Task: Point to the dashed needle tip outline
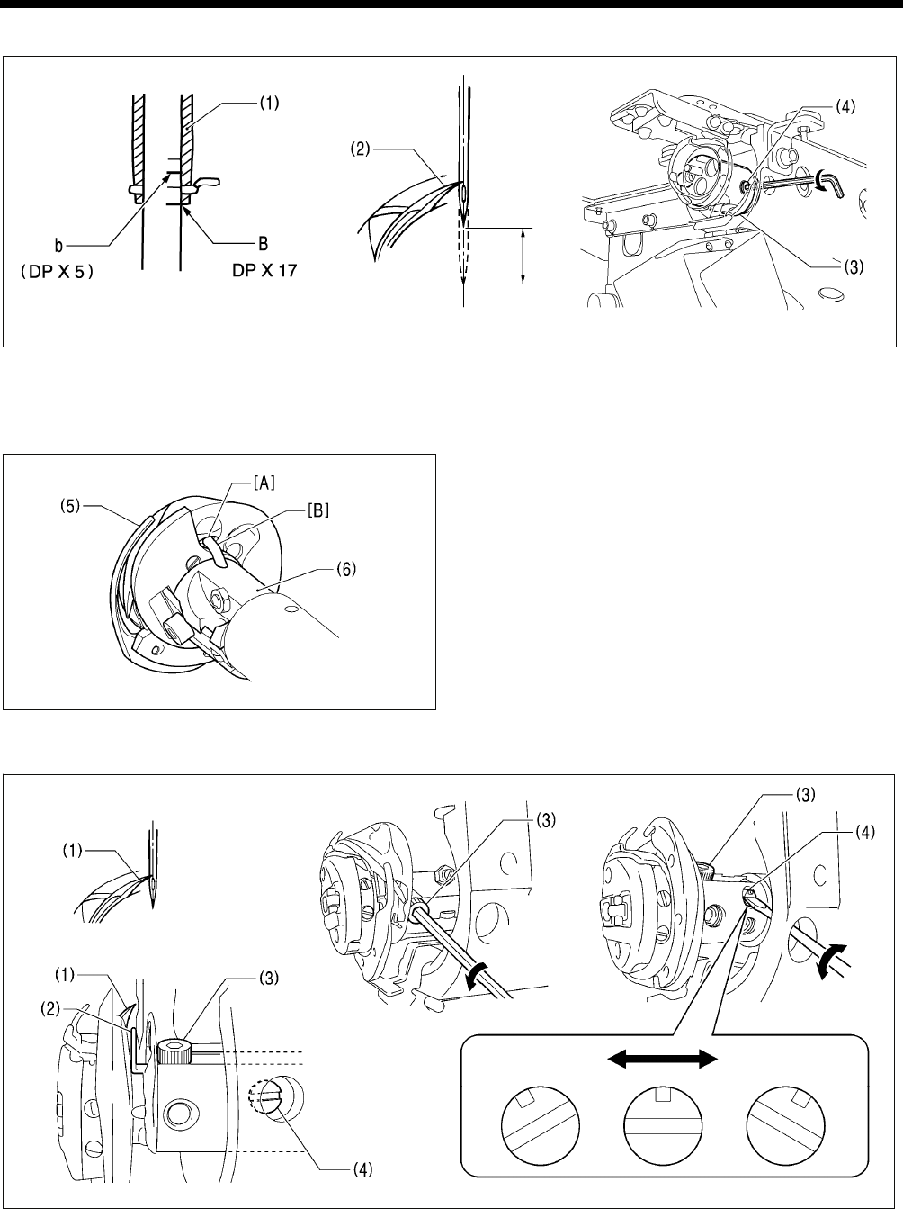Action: [x=462, y=261]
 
